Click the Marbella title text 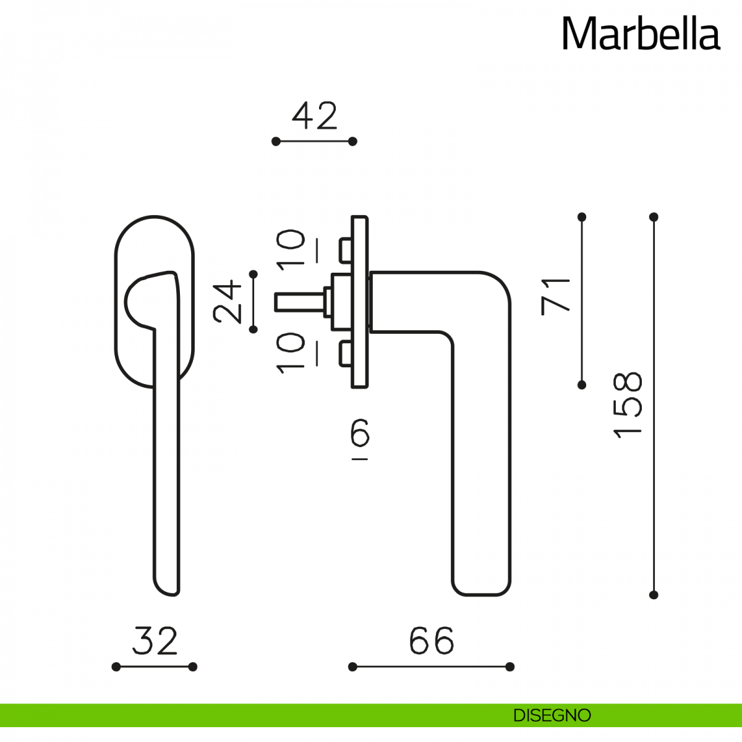coord(641,33)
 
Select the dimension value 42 coord(315,115)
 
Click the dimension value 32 coord(155,641)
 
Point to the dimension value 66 coord(432,641)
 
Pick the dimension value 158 coord(628,405)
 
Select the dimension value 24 coord(227,302)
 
